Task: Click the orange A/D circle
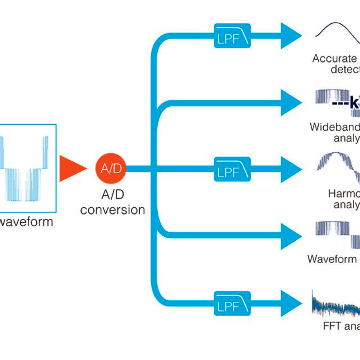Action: point(110,169)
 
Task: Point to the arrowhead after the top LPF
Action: point(291,36)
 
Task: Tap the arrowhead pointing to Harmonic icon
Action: point(291,169)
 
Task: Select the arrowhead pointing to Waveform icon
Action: point(291,236)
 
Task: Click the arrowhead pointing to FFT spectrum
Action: point(291,303)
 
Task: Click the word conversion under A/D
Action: point(113,209)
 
